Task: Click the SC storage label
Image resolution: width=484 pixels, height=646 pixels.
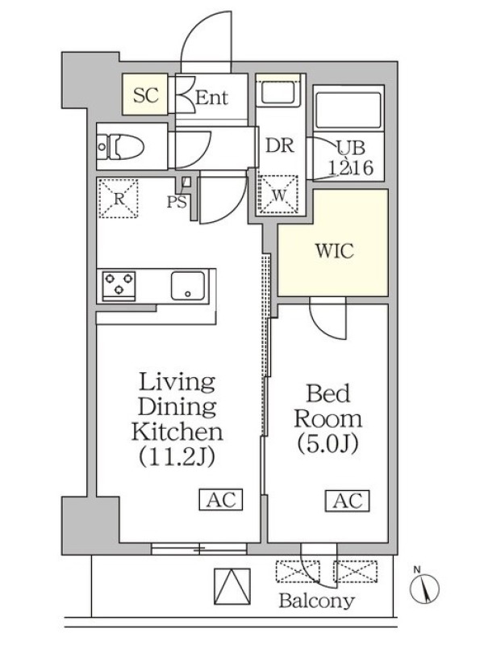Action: coord(146,95)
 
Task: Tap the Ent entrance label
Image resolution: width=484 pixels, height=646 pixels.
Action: coord(211,98)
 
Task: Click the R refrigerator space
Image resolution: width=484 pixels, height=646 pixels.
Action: coord(119,199)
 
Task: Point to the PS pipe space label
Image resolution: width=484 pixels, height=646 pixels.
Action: coord(177,202)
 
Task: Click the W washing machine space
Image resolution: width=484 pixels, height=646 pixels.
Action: coord(278,195)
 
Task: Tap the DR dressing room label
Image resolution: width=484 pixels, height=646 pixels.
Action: coord(280,145)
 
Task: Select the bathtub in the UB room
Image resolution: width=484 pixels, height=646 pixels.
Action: coord(348,109)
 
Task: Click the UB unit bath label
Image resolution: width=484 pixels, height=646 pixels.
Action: coord(351,148)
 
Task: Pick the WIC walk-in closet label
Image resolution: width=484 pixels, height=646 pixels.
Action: coord(334,251)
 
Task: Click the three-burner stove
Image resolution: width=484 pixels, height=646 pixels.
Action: coord(119,284)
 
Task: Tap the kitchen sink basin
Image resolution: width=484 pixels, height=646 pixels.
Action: coord(188,285)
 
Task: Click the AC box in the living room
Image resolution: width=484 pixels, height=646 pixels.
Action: coord(221,499)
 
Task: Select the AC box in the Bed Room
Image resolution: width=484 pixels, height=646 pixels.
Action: coord(348,501)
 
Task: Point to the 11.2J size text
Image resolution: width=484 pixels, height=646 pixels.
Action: coord(177,456)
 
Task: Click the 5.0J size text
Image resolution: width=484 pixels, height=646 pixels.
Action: coord(328,443)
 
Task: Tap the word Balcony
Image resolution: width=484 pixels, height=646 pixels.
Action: coord(316,601)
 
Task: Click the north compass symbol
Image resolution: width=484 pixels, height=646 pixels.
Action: coord(424,587)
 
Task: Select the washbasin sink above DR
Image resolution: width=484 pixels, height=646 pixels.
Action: coord(278,92)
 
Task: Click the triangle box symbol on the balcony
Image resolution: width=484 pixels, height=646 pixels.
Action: coord(232,586)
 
